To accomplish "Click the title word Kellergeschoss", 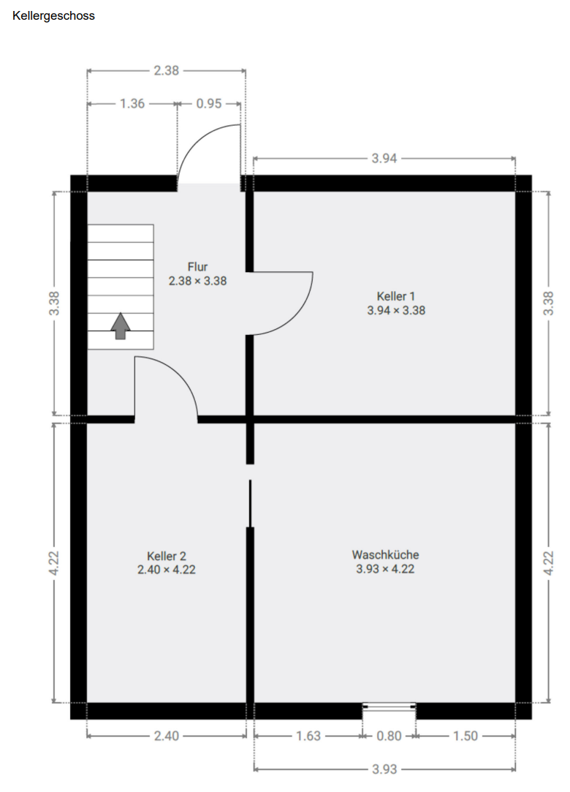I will tap(53, 15).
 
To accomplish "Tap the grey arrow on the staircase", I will tap(121, 326).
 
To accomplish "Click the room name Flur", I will tap(197, 267).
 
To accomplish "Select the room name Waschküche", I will tap(385, 555).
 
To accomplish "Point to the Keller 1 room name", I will tap(396, 296).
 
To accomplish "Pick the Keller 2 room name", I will tap(166, 556).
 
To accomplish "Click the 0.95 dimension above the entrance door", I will tap(209, 104).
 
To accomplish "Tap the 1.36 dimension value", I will tap(132, 104).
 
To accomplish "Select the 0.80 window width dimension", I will tap(389, 736).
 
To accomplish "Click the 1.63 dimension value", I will tap(308, 736).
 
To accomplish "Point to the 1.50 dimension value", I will tap(465, 736).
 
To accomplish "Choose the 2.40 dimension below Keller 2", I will tap(166, 736).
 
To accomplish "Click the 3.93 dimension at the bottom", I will tap(384, 769).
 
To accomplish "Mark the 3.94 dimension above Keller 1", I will tap(384, 158).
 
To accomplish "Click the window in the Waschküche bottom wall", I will tap(389, 707).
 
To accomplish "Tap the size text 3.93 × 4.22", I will tap(385, 569).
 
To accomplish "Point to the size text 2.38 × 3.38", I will tap(197, 280).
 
